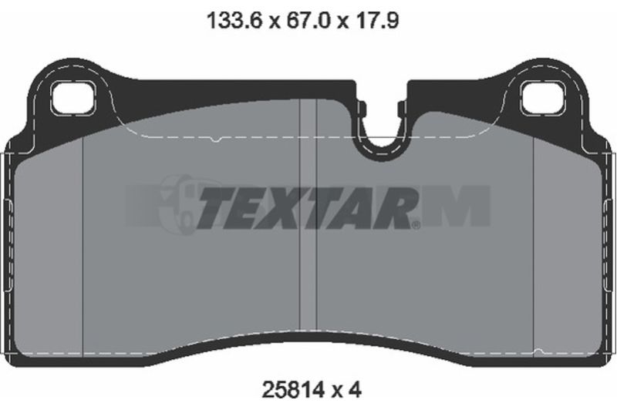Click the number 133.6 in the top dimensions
(234, 20)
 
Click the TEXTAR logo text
(305, 207)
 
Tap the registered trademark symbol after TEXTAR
(416, 225)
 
